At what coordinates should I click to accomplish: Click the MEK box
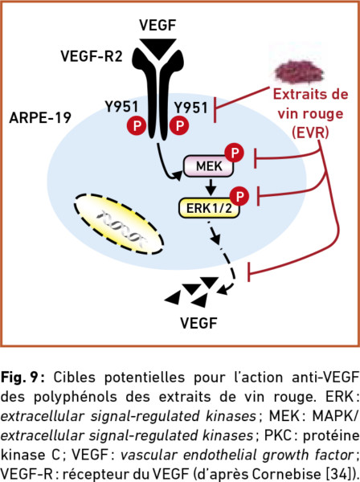pos(208,166)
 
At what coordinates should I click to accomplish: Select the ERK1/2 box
pos(209,208)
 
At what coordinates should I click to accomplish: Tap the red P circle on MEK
pos(235,153)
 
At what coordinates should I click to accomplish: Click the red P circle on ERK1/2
pos(239,196)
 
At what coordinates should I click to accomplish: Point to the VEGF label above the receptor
pos(157,25)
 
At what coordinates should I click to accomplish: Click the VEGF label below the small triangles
pos(199,323)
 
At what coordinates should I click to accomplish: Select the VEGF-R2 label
pos(92,56)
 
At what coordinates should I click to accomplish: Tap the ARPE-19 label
pos(40,118)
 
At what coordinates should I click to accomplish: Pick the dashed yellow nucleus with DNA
pos(119,224)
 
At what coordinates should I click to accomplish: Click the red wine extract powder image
pos(300,72)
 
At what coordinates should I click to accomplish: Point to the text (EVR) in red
pos(310,133)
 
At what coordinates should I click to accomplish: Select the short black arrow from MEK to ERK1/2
pos(211,186)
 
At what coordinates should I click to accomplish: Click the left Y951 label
pos(122,107)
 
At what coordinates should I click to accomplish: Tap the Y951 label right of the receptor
pos(191,108)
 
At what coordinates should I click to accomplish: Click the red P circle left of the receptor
pos(137,125)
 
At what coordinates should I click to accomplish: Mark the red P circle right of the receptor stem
pos(179,125)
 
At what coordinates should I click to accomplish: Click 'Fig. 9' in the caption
pos(22,377)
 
